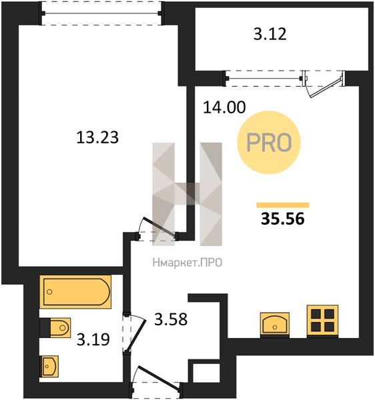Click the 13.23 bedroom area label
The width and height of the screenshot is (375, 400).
pos(97,137)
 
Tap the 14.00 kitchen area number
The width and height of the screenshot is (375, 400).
pos(224,107)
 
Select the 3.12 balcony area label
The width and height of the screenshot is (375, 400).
pos(270,34)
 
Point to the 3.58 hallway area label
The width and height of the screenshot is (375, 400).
pos(171,319)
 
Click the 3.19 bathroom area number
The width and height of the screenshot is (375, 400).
pos(93,339)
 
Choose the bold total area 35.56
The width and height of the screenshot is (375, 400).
pos(283,219)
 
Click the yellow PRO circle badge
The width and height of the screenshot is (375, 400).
pos(269,143)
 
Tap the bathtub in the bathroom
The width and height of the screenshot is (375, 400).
pos(75,291)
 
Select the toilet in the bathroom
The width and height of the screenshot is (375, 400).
pos(55,328)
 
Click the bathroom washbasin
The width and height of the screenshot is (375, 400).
pos(49,366)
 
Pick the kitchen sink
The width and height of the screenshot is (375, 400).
pos(275,324)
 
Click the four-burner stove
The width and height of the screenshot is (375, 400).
pos(322,321)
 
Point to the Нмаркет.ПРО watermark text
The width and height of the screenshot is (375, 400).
pos(187,263)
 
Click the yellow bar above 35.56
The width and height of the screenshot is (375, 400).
pos(283,205)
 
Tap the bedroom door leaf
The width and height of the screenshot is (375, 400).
pos(159,227)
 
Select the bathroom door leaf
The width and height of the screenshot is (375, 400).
pos(136,336)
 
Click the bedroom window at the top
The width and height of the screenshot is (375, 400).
pos(101,13)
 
